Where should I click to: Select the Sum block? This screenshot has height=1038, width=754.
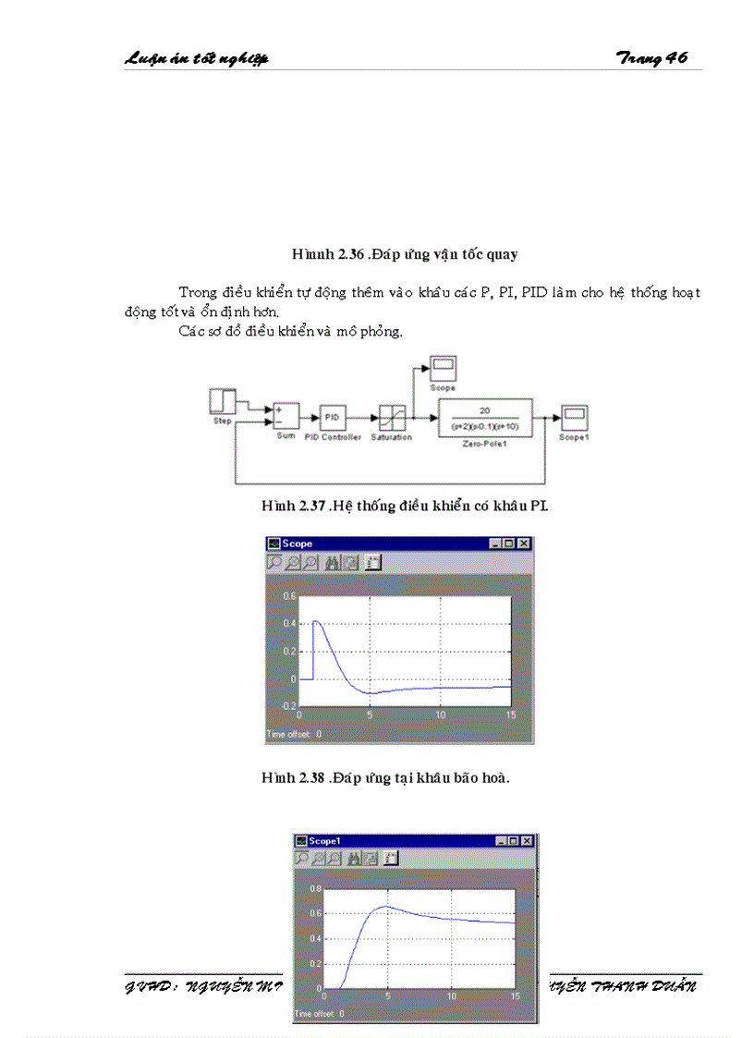pos(286,417)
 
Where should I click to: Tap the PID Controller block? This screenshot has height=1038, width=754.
pos(333,418)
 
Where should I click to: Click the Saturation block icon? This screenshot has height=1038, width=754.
pos(392,418)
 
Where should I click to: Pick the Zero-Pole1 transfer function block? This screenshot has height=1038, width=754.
pos(485,417)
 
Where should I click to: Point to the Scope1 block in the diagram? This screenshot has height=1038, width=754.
pos(573,416)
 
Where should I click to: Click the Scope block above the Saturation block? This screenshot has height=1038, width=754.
pos(444,368)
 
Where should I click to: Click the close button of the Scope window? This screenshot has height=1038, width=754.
pos(524,544)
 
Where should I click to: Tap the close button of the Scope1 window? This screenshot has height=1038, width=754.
pos(527,841)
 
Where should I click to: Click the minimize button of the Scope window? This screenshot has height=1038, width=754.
pos(497,544)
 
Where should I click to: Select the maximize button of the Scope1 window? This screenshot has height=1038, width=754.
pos(514,841)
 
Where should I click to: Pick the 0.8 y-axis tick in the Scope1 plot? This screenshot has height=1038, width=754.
pos(314,888)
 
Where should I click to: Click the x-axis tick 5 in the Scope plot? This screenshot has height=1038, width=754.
pos(370,715)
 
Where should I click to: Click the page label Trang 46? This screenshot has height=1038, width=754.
pos(651,58)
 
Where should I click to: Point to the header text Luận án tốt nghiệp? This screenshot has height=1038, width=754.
pos(196,59)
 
